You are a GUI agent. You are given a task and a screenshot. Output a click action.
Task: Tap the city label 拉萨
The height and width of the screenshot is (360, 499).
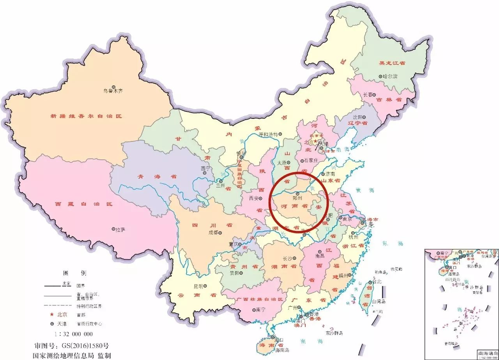[x=120, y=229]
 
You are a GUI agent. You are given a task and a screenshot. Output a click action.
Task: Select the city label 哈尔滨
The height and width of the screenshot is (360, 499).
[x=390, y=77]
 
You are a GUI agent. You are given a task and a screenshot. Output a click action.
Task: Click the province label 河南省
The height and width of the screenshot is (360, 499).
[x=294, y=205]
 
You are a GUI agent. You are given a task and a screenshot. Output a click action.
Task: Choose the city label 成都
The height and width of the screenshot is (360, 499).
[x=213, y=233]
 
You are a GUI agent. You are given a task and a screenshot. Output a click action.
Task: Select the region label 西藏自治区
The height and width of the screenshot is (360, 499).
[x=83, y=204]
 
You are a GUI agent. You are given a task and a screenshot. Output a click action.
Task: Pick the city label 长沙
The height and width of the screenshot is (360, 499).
[x=287, y=258]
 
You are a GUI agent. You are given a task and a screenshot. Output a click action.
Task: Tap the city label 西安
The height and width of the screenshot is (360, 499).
[x=254, y=198]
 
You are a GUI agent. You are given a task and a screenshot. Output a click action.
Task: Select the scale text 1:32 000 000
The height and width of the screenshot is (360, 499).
[x=74, y=334]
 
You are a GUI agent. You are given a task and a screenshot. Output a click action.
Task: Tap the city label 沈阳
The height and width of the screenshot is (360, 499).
[x=358, y=117]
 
